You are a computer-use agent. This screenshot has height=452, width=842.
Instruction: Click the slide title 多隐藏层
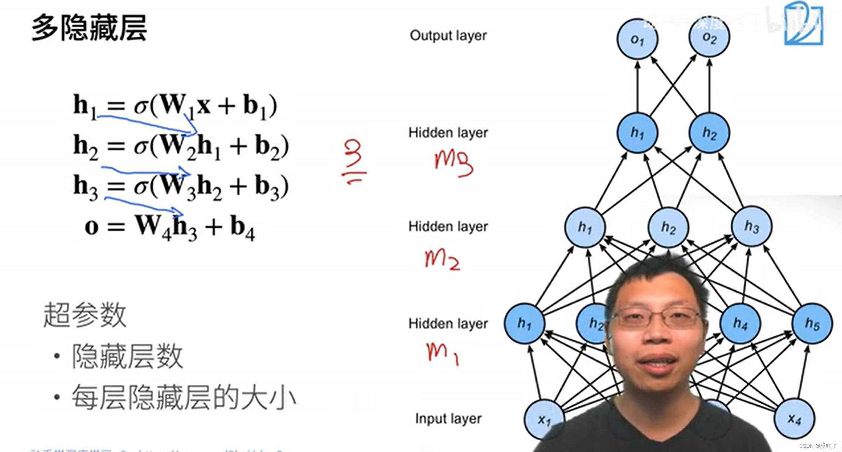(89, 28)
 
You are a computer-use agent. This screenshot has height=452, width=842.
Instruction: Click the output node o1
(637, 39)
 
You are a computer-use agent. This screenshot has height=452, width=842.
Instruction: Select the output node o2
(709, 37)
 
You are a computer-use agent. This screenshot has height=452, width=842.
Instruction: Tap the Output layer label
(448, 35)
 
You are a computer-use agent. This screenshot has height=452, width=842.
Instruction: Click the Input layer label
(448, 418)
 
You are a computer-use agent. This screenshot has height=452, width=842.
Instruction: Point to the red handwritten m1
(442, 353)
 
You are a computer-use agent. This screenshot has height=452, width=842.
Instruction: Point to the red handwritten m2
(442, 259)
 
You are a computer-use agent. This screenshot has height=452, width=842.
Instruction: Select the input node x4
(794, 419)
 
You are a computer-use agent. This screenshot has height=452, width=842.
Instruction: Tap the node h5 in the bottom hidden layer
(812, 323)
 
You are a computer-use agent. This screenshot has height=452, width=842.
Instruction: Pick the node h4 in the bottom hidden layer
(740, 323)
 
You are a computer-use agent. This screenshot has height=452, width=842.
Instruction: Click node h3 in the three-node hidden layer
(751, 227)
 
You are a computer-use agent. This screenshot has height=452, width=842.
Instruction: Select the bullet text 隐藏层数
(127, 356)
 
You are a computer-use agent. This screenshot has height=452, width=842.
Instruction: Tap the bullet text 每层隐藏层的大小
(184, 397)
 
